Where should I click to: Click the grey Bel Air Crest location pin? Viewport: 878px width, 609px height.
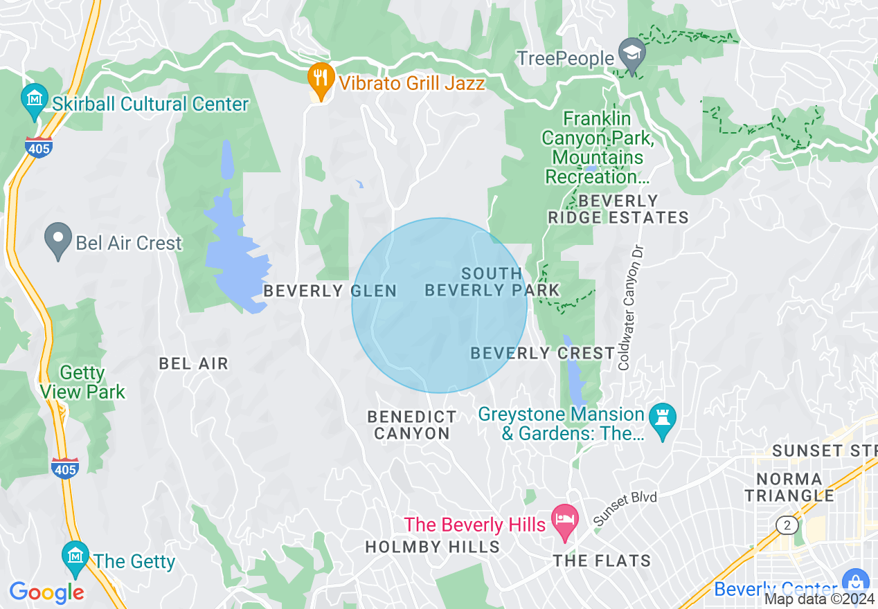point(58,239)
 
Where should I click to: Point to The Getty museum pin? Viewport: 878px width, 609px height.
point(75,556)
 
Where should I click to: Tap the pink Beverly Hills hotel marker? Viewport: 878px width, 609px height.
point(565,521)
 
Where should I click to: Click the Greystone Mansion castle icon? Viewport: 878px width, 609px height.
point(663,419)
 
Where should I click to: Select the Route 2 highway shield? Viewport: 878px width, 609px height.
point(787,526)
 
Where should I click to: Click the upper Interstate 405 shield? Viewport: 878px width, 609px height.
point(39,147)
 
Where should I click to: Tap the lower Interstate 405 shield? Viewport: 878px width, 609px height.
point(64,468)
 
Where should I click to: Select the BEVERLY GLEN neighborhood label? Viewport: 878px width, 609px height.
point(330,291)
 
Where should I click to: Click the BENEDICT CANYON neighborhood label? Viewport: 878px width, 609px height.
point(412,425)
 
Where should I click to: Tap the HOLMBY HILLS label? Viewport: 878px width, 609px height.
point(432,547)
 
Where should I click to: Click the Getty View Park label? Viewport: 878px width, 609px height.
point(82,383)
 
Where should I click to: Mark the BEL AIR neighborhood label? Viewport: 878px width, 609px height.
point(193,363)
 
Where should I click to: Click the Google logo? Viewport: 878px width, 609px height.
point(46,592)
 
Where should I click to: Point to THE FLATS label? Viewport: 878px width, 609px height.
point(602,561)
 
